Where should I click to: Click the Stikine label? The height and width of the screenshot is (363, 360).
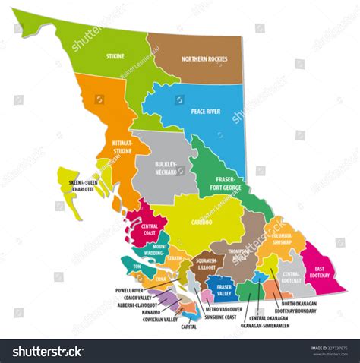pos(115,56)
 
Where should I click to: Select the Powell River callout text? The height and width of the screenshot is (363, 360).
pos(131,289)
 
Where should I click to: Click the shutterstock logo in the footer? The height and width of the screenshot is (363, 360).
pos(47,351)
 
